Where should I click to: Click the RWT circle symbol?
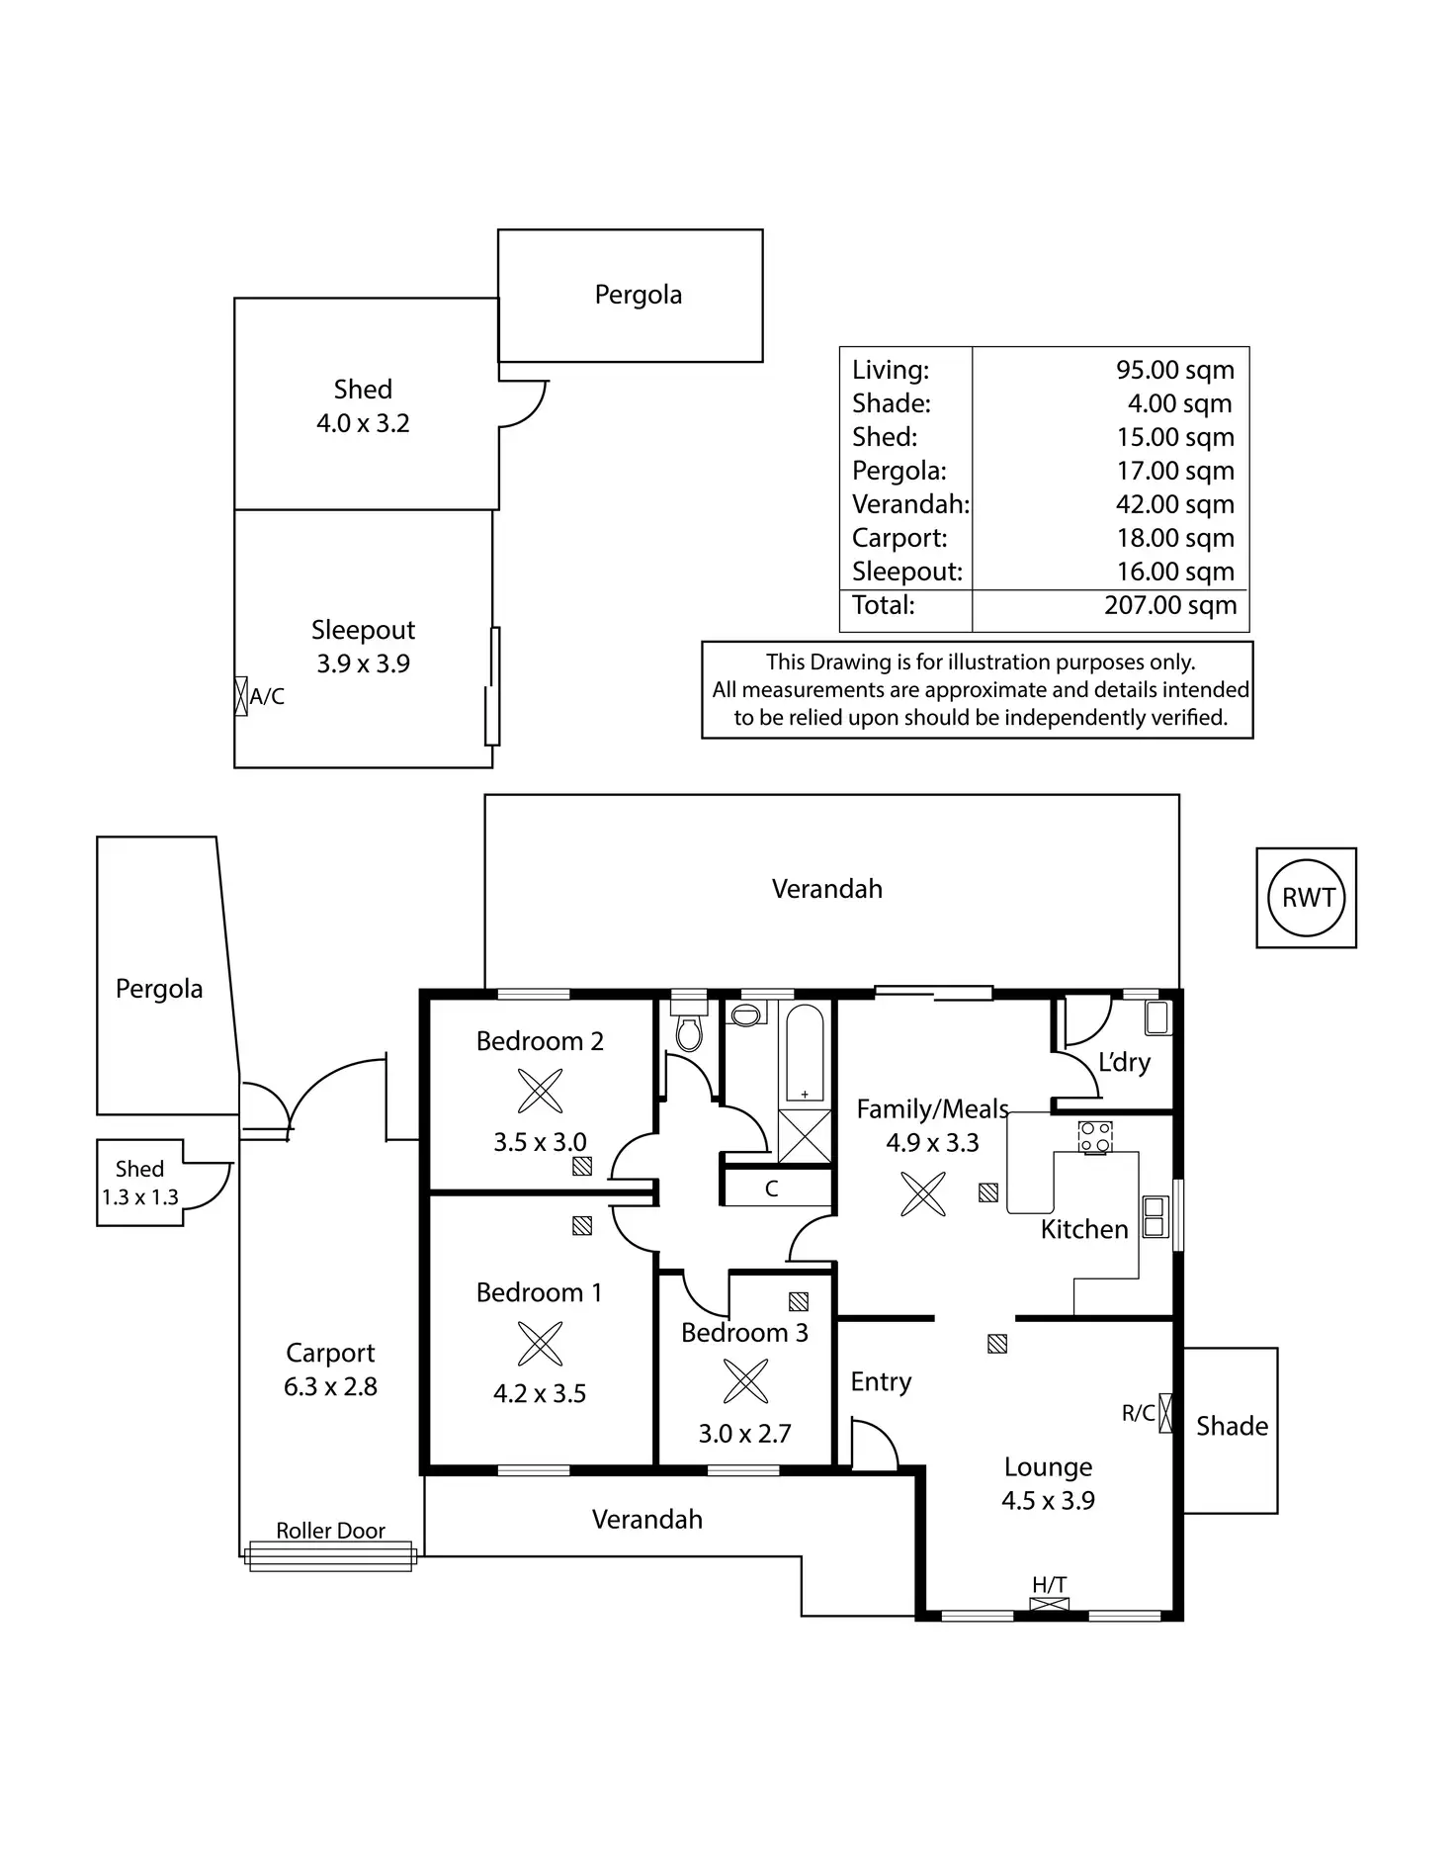(x=1307, y=898)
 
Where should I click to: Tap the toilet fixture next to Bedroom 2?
(x=689, y=1028)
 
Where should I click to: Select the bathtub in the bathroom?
(x=805, y=1053)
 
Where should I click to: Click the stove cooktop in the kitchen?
(x=1095, y=1137)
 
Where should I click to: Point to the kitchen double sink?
(x=1155, y=1216)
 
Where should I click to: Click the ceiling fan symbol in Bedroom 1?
(x=540, y=1344)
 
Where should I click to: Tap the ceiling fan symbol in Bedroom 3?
(x=745, y=1381)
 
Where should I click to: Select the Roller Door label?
(x=330, y=1531)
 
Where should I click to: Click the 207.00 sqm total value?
(x=1170, y=605)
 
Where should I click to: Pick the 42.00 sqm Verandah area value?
(x=1174, y=504)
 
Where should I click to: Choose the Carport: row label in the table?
(x=899, y=538)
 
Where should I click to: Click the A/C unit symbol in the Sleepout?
(x=240, y=696)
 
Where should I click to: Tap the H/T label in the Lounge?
(x=1049, y=1585)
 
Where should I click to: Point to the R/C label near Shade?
(x=1138, y=1413)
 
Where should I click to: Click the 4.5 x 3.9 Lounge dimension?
(x=1048, y=1500)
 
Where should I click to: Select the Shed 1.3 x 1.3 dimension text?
(x=139, y=1197)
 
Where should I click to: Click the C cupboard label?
(x=771, y=1190)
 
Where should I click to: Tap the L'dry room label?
(x=1124, y=1063)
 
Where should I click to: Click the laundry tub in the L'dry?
(x=1156, y=1017)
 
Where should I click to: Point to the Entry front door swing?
(x=873, y=1445)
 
